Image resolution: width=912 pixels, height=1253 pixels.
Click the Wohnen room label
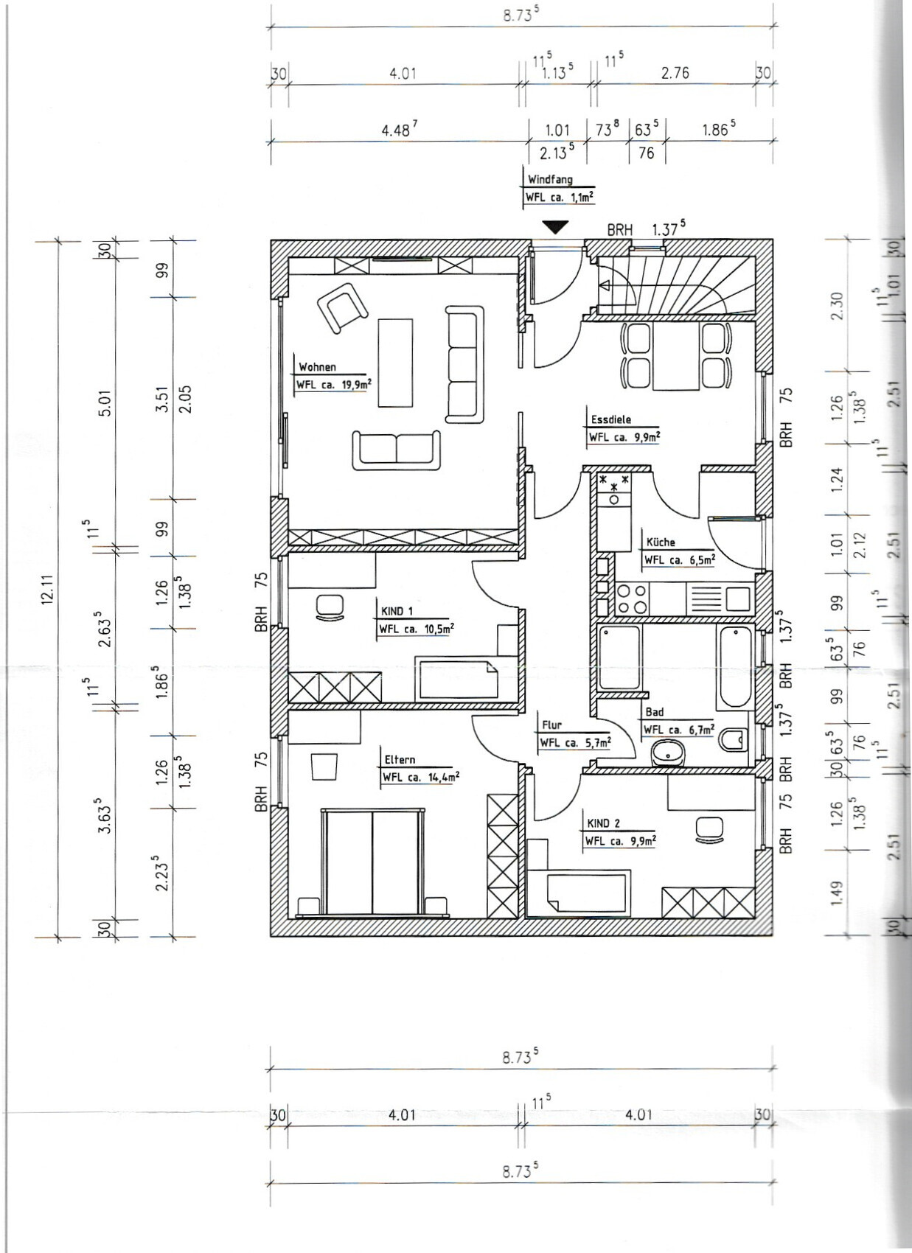click(x=317, y=367)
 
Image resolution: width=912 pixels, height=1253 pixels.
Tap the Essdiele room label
click(x=611, y=419)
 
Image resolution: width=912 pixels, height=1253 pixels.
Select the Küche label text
click(x=661, y=542)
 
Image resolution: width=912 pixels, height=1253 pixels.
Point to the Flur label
click(x=551, y=725)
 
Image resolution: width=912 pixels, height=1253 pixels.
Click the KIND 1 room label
click(x=397, y=611)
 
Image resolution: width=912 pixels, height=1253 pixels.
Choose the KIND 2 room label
click(x=604, y=823)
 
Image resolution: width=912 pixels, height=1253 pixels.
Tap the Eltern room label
click(x=400, y=760)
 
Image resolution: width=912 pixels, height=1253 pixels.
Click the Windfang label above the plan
click(x=551, y=180)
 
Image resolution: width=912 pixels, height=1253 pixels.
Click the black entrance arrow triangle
click(x=555, y=227)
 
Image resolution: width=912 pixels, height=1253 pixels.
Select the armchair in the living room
click(x=342, y=307)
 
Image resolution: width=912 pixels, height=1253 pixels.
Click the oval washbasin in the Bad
click(x=668, y=753)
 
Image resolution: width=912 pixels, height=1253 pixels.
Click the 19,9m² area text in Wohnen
click(x=357, y=384)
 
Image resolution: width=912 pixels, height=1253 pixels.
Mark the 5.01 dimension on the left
click(x=106, y=402)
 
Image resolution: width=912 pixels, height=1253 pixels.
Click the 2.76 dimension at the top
click(x=675, y=73)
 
